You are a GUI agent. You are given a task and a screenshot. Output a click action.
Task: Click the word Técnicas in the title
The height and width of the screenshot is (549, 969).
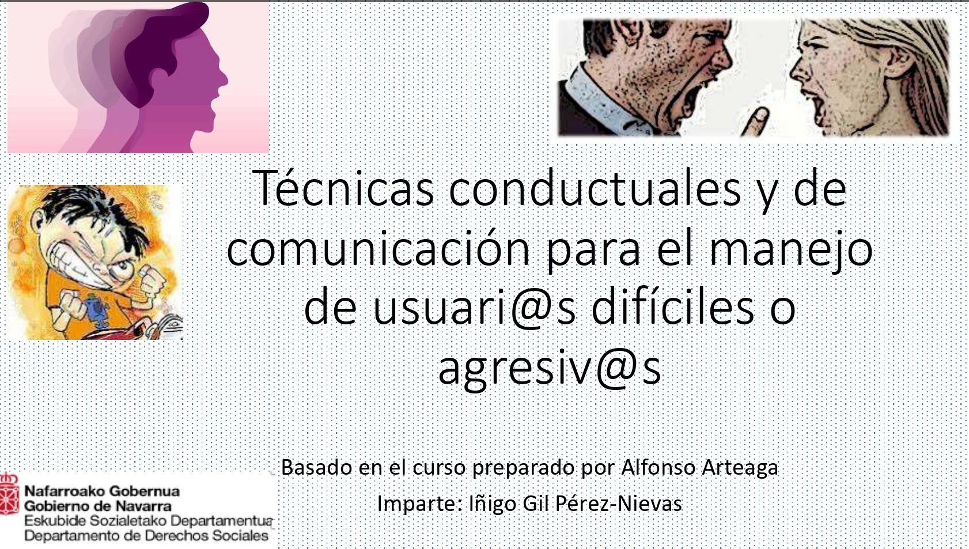[x=343, y=189]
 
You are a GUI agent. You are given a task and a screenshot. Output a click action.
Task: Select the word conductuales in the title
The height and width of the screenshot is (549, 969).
[x=594, y=189]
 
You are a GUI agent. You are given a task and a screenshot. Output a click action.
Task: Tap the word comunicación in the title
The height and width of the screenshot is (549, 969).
[x=378, y=249]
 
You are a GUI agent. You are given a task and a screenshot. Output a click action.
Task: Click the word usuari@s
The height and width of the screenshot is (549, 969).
[x=475, y=308]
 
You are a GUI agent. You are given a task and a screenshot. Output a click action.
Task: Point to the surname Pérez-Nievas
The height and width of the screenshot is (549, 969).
[x=618, y=504]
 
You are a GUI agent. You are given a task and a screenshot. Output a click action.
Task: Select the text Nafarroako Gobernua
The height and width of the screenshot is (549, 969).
[x=101, y=491]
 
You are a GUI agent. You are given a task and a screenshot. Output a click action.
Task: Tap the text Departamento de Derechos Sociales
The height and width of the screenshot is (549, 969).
[x=146, y=536]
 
